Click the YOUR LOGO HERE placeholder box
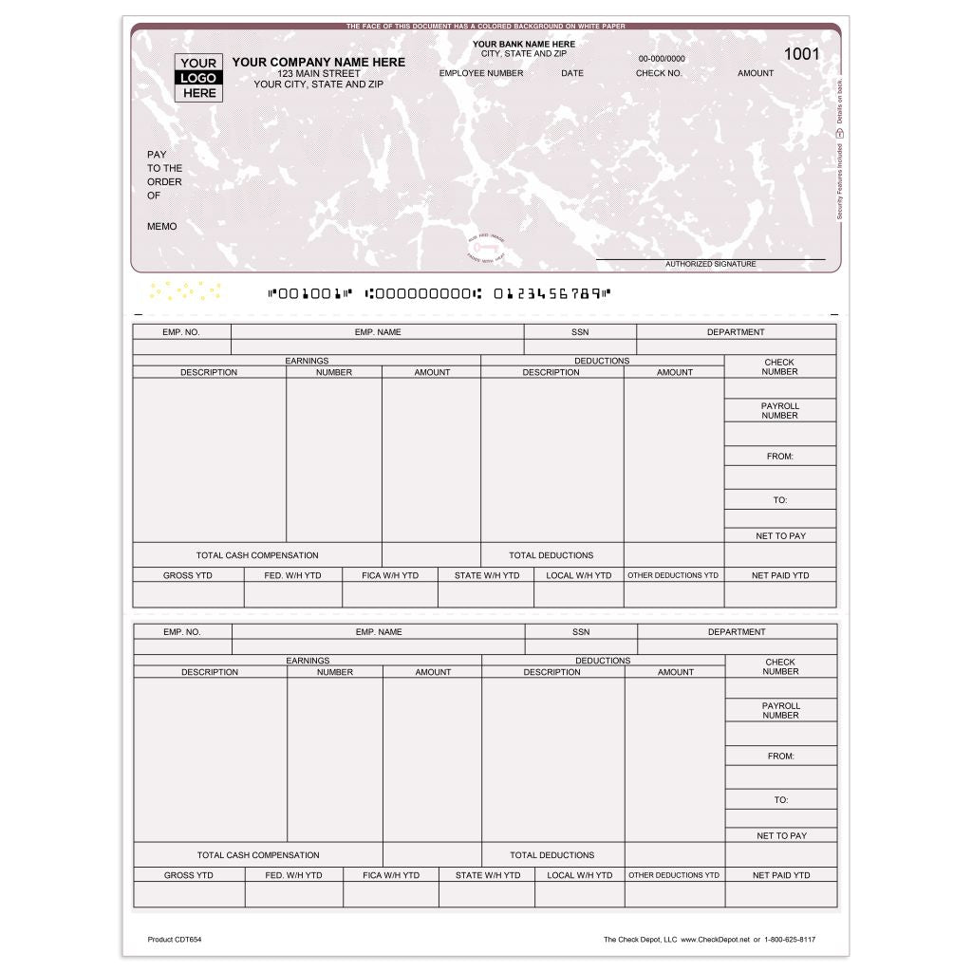click(x=198, y=78)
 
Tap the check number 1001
click(x=801, y=54)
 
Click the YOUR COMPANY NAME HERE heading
click(x=318, y=62)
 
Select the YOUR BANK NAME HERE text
click(x=524, y=44)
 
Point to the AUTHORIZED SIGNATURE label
click(x=710, y=264)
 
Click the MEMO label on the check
click(x=161, y=227)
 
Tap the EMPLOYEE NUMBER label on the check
click(x=481, y=73)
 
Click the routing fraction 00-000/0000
click(x=661, y=59)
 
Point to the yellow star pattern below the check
click(x=185, y=290)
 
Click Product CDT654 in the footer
click(x=175, y=940)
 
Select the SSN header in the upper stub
click(x=580, y=332)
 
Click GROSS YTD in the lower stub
click(x=188, y=875)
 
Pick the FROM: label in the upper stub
click(x=780, y=457)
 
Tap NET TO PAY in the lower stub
click(x=781, y=836)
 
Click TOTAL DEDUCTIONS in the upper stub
click(x=551, y=555)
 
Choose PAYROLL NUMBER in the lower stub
click(x=780, y=710)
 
